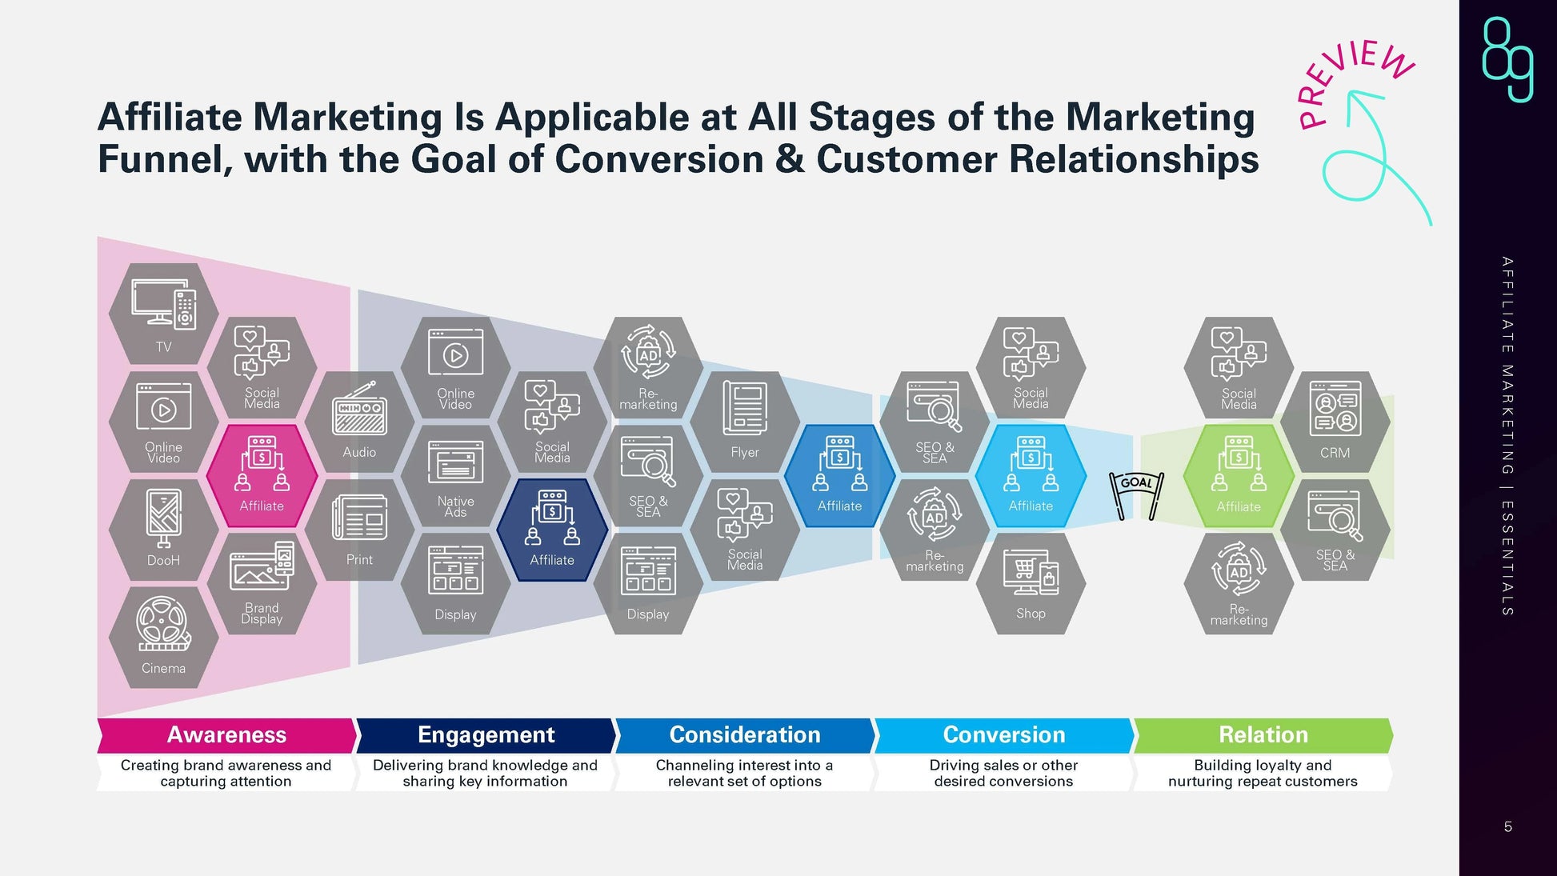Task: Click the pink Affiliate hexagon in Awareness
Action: pos(262,476)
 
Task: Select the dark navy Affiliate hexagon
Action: pos(552,530)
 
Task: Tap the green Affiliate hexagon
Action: pos(1239,476)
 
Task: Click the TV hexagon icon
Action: pos(163,314)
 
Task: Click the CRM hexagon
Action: pos(1335,422)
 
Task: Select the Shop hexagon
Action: pos(1031,583)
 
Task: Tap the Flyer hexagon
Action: pos(744,422)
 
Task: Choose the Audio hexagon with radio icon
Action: pos(359,422)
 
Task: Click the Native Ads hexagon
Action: pos(455,476)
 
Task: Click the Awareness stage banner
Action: pos(226,734)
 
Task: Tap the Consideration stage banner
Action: pos(744,734)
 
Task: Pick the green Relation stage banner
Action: pos(1263,734)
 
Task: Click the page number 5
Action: pos(1507,826)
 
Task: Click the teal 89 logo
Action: pos(1507,59)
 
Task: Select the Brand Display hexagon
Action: pos(262,583)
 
